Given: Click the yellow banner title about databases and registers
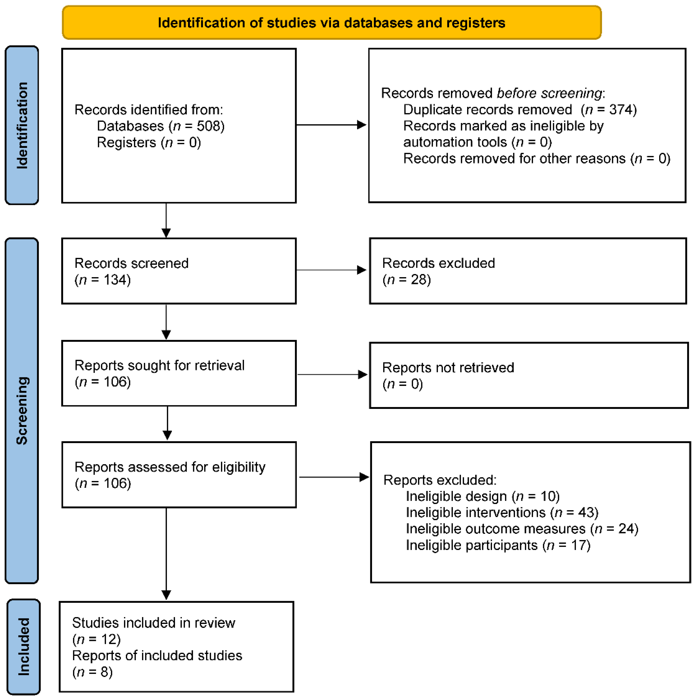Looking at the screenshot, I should (x=331, y=23).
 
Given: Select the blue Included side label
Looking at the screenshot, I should (x=23, y=647).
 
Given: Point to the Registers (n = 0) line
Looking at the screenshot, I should (x=149, y=142).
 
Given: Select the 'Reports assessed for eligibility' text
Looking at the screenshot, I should (x=170, y=467).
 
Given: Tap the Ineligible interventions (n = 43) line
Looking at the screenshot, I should (x=502, y=512).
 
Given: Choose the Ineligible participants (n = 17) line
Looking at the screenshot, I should (x=498, y=545).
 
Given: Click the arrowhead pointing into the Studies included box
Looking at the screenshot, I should (x=166, y=594).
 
